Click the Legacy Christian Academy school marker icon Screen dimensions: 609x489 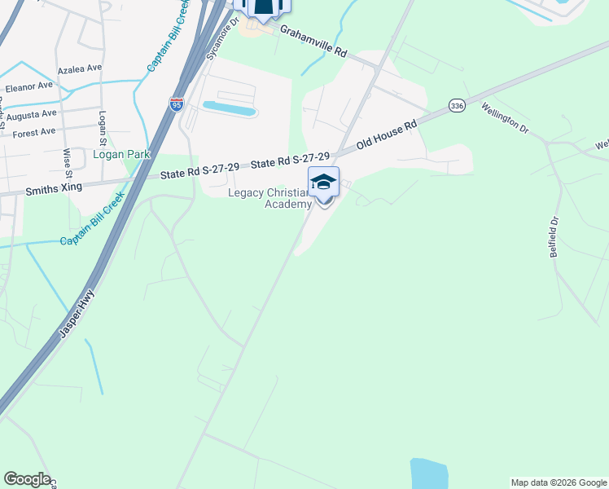(323, 183)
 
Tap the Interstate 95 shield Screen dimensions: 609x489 (177, 104)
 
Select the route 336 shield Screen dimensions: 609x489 (456, 105)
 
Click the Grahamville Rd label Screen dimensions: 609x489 (313, 41)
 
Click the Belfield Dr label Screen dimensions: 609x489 (554, 237)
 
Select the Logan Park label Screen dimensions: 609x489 (119, 153)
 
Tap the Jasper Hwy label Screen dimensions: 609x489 (77, 313)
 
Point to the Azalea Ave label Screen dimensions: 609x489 (79, 68)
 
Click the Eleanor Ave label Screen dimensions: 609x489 (29, 85)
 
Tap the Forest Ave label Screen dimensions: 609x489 (33, 131)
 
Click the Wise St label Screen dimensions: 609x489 (67, 160)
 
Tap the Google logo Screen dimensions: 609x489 (28, 479)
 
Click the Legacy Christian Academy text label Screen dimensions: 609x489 (269, 198)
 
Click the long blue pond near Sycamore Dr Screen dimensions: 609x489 (229, 108)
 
